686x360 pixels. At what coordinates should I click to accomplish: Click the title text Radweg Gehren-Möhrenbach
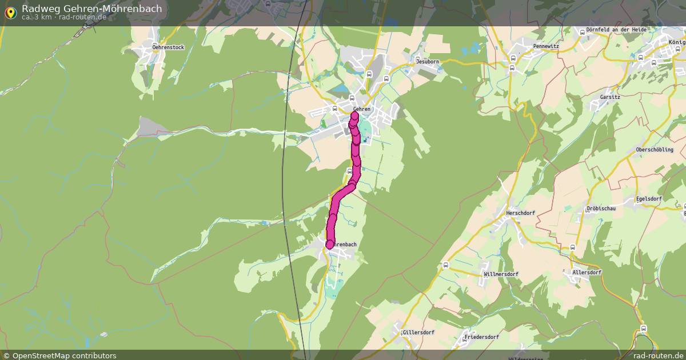[91, 9]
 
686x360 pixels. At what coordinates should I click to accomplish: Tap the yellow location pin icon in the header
[10, 12]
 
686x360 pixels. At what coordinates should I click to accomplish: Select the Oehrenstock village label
[168, 47]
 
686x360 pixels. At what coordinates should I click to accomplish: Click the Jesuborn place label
[427, 61]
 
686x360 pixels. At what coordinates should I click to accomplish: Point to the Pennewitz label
[545, 46]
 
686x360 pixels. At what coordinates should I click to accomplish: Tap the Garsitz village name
[610, 97]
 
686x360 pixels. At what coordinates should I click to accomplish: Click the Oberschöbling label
[654, 150]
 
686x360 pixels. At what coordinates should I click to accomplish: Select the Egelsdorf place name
[649, 199]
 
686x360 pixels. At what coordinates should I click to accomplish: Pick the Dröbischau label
[601, 209]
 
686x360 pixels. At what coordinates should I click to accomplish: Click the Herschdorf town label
[520, 213]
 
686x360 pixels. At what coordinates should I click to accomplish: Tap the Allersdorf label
[587, 273]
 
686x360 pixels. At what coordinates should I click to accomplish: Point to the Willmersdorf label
[501, 274]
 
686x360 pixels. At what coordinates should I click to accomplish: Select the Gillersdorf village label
[418, 332]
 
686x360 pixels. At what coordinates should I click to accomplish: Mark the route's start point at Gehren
[354, 117]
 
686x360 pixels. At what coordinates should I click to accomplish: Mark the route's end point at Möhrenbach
[330, 245]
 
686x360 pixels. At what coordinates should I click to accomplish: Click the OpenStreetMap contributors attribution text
[64, 355]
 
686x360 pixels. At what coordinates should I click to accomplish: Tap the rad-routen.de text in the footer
[658, 355]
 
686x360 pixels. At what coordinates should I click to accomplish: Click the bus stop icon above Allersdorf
[573, 247]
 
